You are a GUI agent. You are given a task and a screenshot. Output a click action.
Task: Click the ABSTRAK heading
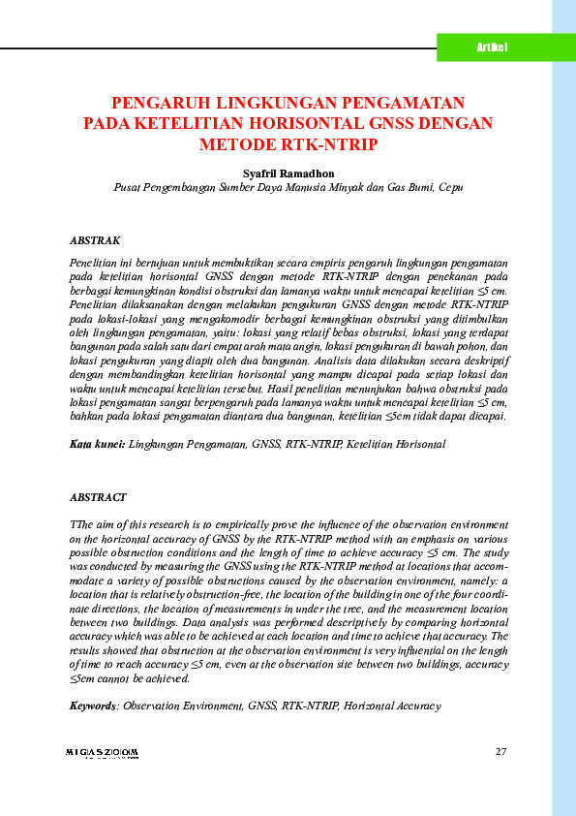coord(95,239)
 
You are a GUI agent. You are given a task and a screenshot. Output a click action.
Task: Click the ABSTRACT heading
coord(98,497)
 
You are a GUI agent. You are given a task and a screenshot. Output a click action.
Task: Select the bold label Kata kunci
coord(96,443)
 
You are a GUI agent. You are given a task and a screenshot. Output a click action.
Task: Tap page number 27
coord(500,752)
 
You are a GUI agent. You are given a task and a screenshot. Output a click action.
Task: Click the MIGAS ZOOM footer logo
coord(103,752)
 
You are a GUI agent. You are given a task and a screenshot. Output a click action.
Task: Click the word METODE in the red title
coord(239,144)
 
